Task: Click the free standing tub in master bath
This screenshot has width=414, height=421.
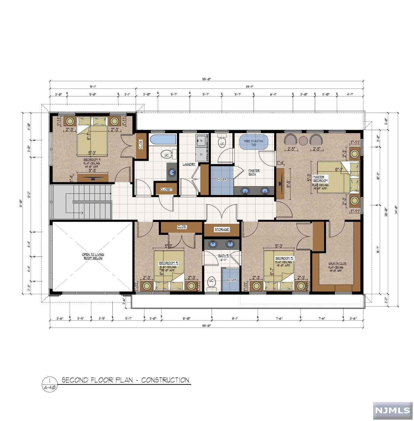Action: click(x=253, y=142)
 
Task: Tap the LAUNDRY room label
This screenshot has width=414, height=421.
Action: click(x=189, y=164)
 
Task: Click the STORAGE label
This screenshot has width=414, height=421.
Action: click(x=222, y=229)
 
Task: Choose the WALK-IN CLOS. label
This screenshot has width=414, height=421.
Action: click(x=337, y=263)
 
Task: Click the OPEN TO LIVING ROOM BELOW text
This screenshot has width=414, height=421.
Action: click(x=93, y=256)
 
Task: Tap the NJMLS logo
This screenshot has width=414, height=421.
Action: click(x=392, y=410)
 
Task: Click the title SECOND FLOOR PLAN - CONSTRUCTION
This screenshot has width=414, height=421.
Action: click(x=125, y=380)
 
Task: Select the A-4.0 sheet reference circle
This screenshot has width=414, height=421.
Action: click(x=50, y=385)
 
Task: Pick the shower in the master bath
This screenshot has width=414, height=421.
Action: click(x=222, y=180)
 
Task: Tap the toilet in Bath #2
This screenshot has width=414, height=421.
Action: click(x=211, y=282)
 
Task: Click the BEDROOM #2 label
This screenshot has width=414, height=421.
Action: click(x=169, y=263)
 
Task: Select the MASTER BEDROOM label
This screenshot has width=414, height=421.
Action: click(x=320, y=179)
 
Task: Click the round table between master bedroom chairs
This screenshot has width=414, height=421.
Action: click(x=303, y=141)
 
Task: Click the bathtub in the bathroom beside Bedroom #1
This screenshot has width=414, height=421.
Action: click(x=163, y=140)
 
